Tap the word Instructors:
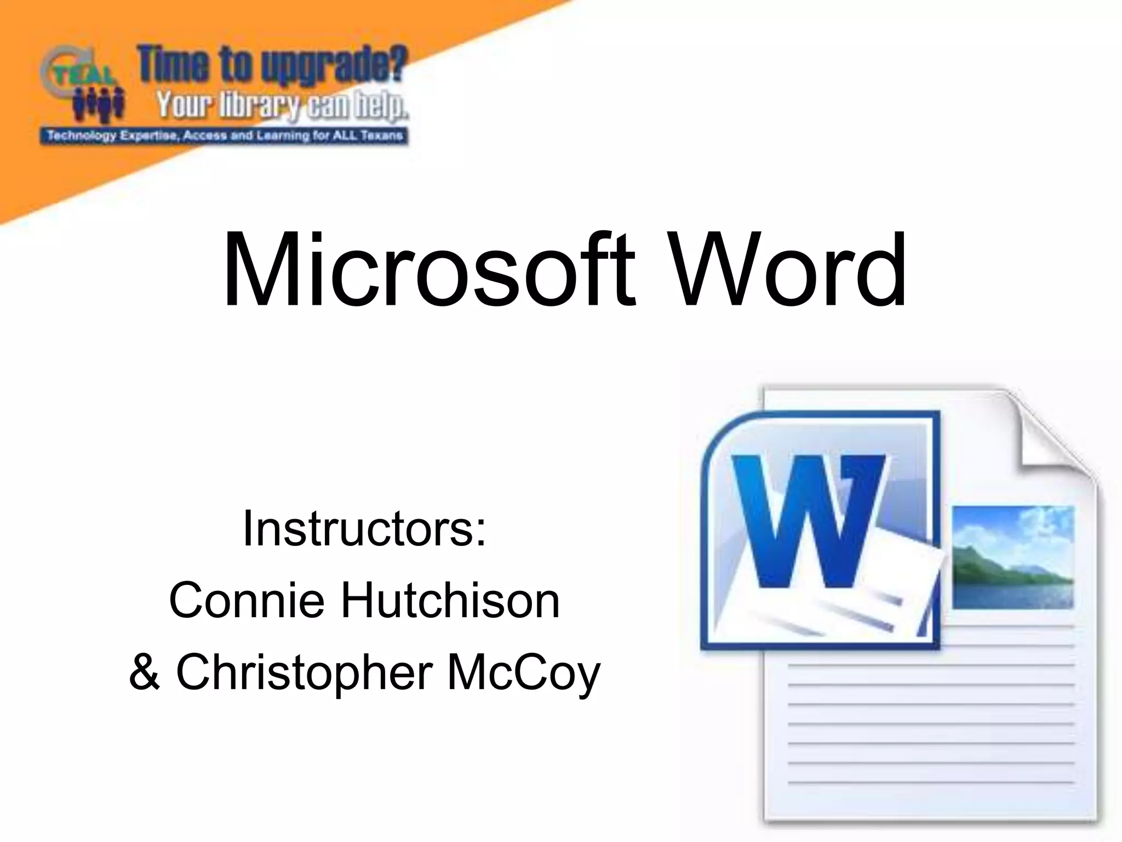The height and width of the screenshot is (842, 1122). (x=364, y=528)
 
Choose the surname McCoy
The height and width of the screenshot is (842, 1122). (x=524, y=673)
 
